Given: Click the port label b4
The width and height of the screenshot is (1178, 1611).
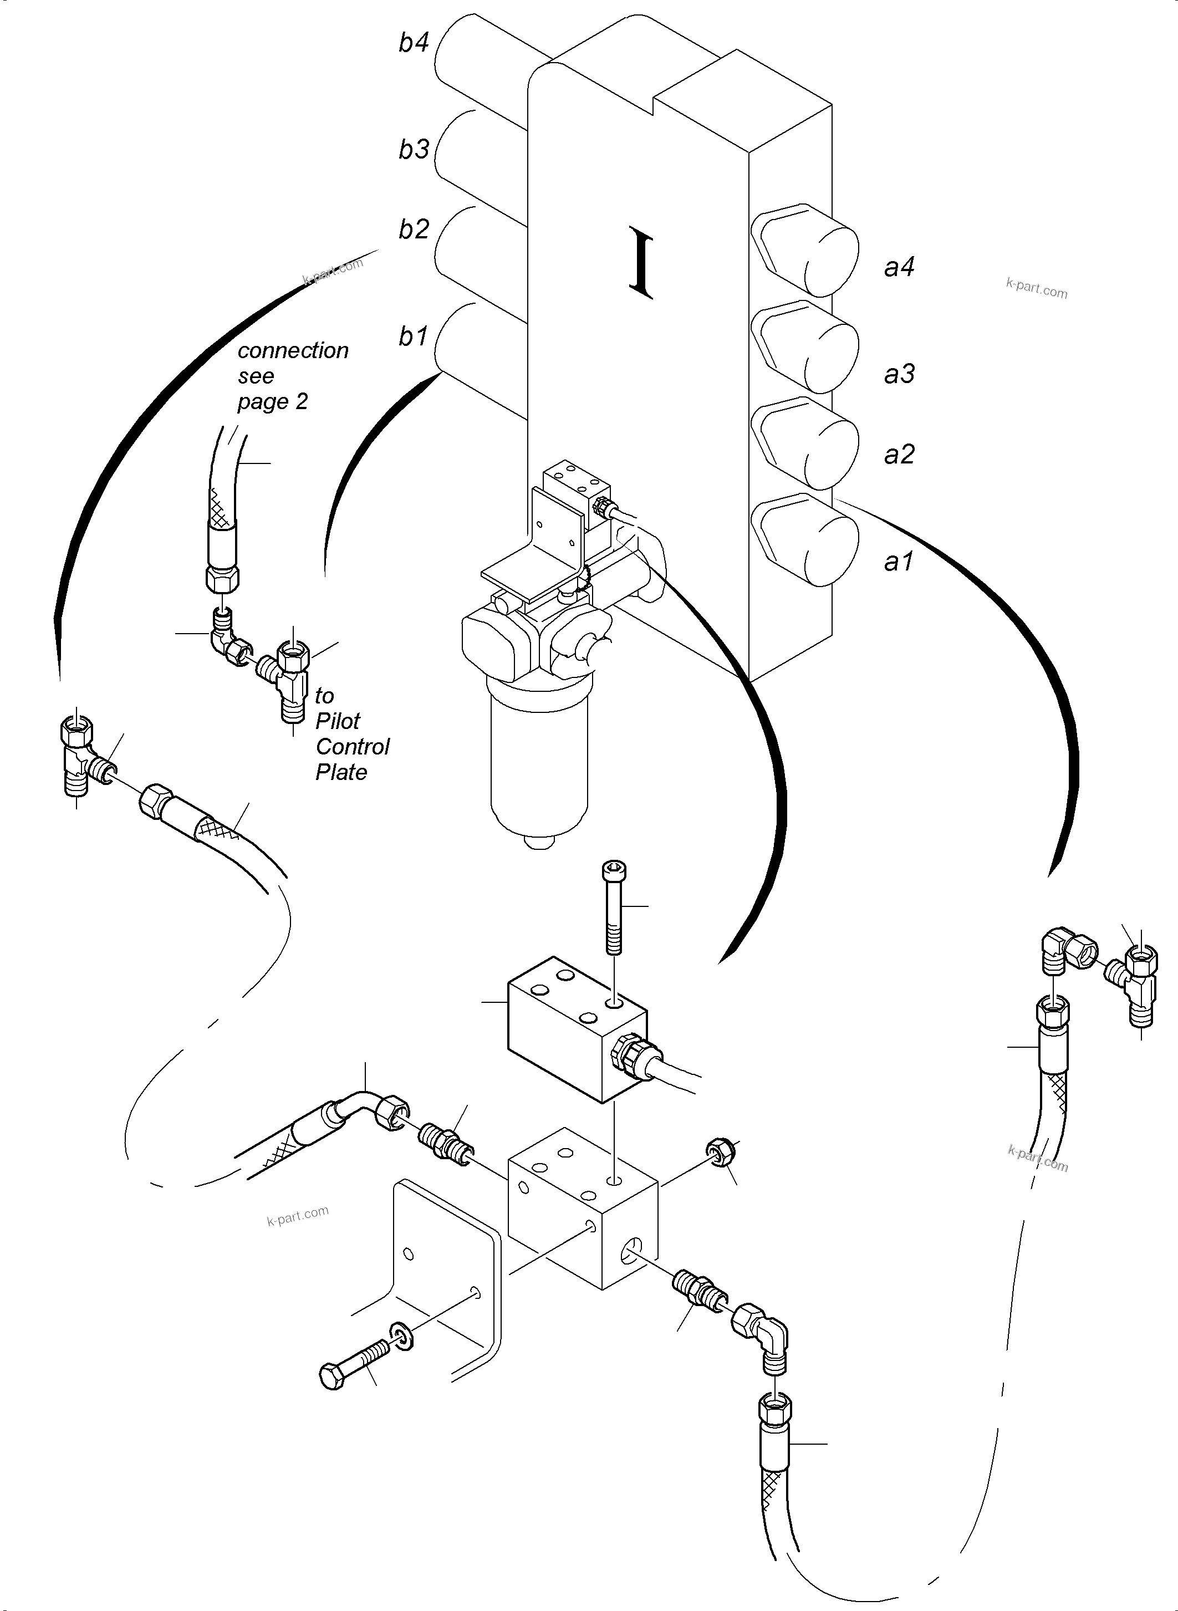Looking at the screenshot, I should (x=414, y=43).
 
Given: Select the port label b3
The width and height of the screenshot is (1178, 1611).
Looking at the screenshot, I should (x=414, y=150).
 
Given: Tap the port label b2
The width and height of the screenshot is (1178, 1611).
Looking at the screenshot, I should (x=414, y=230).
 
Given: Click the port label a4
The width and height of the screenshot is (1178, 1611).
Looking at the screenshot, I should (x=899, y=267).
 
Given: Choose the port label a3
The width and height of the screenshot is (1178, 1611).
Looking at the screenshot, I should (x=899, y=374).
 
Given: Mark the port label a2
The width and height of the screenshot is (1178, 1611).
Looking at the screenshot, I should (x=899, y=454).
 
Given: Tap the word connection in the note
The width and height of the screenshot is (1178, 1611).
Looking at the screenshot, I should (x=293, y=351).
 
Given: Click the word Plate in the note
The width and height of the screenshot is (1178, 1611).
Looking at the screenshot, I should (x=341, y=772).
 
